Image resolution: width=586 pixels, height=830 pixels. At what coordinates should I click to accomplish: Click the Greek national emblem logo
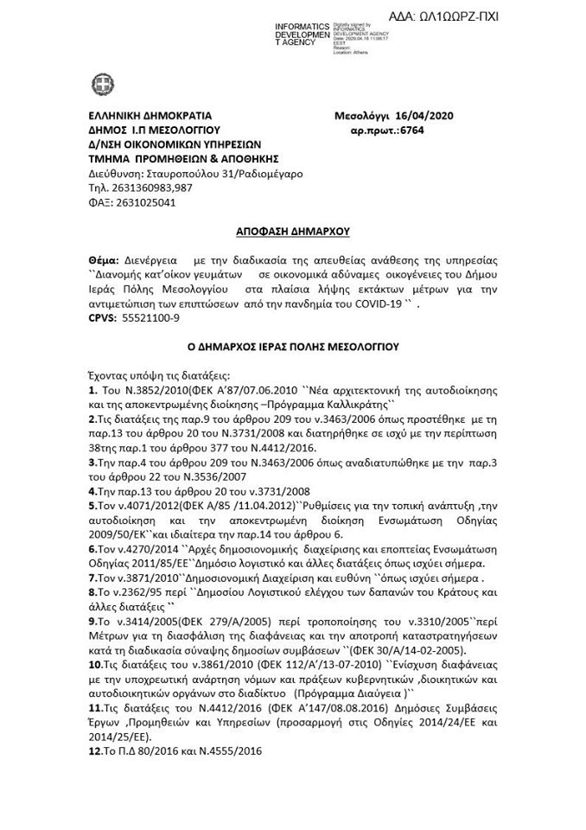102,85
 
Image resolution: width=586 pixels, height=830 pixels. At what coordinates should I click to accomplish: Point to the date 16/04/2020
423,116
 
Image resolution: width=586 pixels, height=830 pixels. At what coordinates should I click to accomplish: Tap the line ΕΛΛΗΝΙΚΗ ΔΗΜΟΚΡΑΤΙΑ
150,116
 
